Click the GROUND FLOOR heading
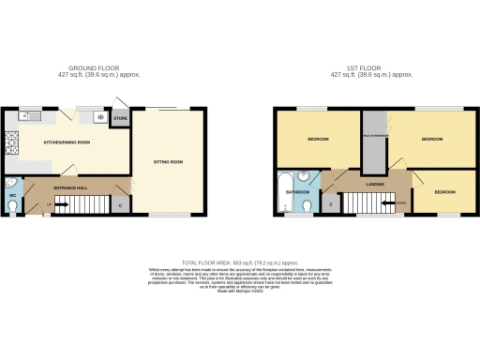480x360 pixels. tap(98, 68)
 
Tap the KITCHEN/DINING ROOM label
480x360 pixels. tap(67, 142)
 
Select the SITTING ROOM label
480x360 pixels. tap(168, 162)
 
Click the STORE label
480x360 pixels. tap(120, 119)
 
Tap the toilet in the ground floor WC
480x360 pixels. tap(10, 184)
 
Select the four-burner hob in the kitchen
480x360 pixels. tap(11, 142)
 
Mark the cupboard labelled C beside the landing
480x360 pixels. tap(331, 202)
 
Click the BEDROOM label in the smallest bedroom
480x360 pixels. tap(444, 192)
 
